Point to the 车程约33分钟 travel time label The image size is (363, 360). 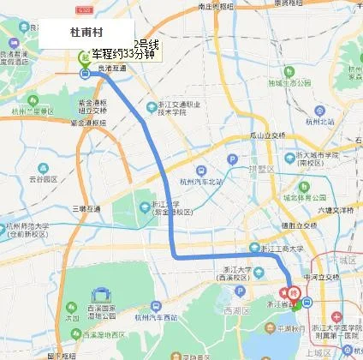point(123,54)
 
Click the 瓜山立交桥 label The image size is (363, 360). point(267,135)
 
